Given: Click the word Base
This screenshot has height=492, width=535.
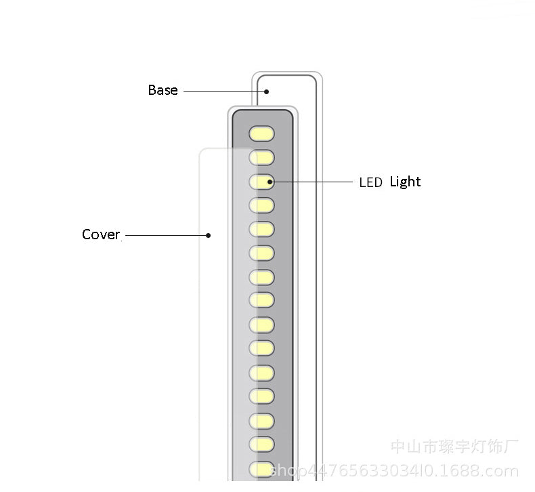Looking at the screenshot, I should [163, 90].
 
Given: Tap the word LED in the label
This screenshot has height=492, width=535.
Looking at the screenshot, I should [370, 182].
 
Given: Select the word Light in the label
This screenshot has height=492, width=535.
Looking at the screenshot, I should [405, 182].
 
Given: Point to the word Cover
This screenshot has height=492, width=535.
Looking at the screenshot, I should [101, 234].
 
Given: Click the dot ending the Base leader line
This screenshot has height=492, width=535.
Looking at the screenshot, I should [267, 91].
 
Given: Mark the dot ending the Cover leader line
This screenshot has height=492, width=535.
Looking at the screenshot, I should [209, 235].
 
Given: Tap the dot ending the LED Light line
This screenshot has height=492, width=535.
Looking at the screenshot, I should [270, 182].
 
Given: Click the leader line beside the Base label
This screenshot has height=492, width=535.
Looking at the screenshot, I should [223, 91].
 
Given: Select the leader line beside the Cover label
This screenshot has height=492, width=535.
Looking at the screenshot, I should [166, 235].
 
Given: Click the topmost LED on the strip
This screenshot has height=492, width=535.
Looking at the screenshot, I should [261, 133].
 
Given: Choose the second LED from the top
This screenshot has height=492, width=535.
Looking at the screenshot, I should [261, 157].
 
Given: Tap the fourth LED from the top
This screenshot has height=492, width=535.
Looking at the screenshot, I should [261, 205].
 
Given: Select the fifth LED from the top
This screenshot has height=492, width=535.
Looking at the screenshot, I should [261, 228].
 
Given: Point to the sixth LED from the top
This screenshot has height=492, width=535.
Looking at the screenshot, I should [261, 253].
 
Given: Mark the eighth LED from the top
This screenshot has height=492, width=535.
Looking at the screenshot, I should [261, 300].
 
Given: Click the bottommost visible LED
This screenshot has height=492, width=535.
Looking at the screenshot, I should [261, 468].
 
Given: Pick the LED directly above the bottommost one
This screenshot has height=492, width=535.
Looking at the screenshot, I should [261, 444].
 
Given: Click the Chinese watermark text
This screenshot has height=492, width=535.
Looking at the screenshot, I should [454, 447].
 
